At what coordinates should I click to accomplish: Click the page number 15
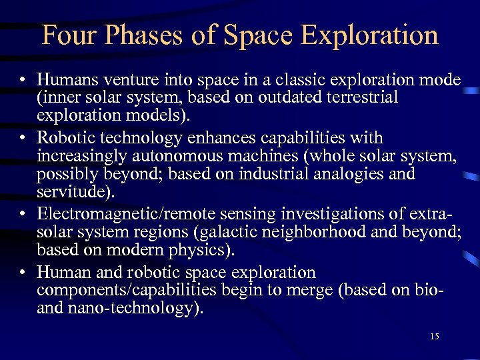tap(434, 337)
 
